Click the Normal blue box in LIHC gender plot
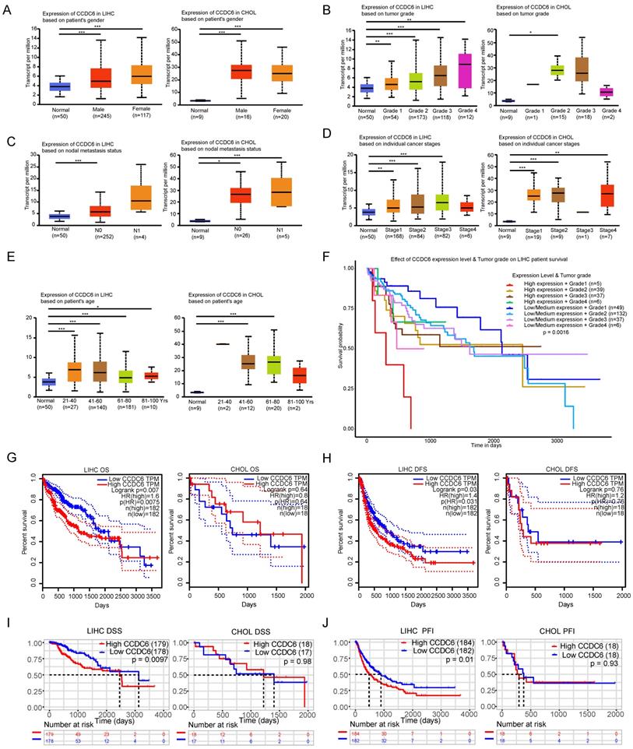[x=60, y=86]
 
